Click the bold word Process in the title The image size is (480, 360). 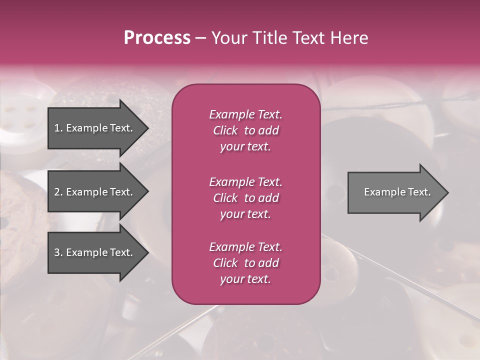pyautogui.click(x=157, y=38)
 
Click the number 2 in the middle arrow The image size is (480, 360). pyautogui.click(x=57, y=192)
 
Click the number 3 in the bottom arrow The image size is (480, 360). pyautogui.click(x=57, y=252)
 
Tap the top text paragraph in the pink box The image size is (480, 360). pyautogui.click(x=245, y=130)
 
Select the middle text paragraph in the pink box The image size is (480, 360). pyautogui.click(x=245, y=198)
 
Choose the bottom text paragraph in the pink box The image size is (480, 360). pyautogui.click(x=245, y=263)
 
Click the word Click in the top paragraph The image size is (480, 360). pyautogui.click(x=225, y=130)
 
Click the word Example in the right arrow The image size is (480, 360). pyautogui.click(x=383, y=192)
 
